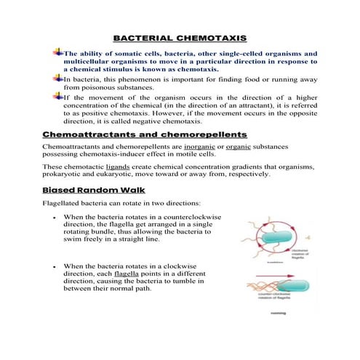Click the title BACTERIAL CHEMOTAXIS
180,37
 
